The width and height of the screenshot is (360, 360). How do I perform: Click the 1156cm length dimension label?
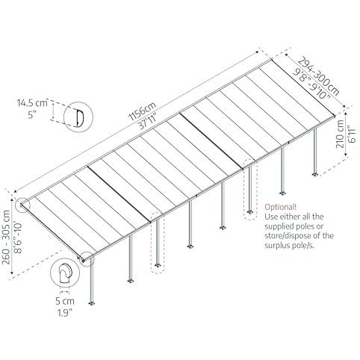coord(143,111)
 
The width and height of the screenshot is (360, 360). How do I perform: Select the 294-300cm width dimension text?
coord(319,77)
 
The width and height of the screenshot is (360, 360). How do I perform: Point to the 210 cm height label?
coord(340,134)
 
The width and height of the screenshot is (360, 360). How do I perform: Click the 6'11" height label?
coord(352,134)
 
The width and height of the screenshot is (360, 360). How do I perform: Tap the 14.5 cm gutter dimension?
coord(32,103)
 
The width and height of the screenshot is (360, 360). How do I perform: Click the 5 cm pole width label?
coord(65,301)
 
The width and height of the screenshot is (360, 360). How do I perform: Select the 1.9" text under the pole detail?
coord(65,313)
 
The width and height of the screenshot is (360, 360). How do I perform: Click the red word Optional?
coord(281,207)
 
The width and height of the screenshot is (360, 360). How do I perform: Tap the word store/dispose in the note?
coord(290,235)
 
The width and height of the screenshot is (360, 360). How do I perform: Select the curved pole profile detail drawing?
coord(64,273)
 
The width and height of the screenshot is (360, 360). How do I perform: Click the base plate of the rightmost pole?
coord(315,174)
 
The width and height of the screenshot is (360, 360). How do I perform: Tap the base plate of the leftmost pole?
coord(92,303)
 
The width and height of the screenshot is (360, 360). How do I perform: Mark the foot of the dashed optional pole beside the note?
coord(249,212)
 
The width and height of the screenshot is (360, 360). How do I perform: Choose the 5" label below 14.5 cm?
coord(32,115)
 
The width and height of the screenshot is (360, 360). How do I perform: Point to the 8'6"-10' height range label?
coord(19,238)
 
